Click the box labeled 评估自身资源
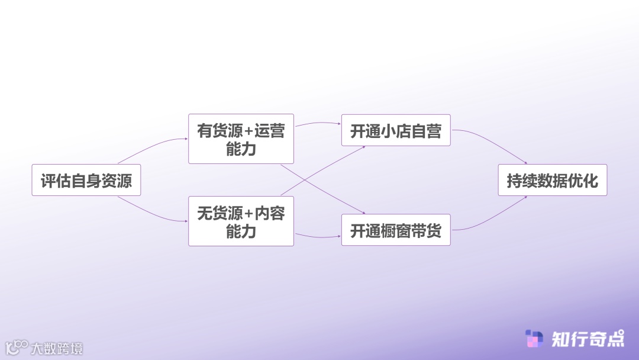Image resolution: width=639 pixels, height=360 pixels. (86, 180)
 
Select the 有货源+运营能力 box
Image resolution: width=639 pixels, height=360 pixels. (241, 139)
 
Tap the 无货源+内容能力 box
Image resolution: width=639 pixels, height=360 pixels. (241, 221)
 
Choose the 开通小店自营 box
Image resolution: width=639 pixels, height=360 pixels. (396, 130)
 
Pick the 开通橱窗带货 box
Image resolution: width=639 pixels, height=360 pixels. (396, 230)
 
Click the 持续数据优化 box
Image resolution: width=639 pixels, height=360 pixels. (552, 180)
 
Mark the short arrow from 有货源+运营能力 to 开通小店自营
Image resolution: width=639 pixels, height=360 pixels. (318, 123)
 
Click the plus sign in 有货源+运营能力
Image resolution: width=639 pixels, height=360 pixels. (248, 131)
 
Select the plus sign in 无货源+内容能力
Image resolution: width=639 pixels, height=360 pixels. (248, 213)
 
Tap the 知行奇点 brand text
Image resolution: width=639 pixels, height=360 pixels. (588, 339)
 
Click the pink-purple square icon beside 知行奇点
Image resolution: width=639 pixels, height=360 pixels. (534, 339)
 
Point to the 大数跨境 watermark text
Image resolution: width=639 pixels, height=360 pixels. (57, 348)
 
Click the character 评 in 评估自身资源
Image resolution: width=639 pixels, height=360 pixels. (48, 181)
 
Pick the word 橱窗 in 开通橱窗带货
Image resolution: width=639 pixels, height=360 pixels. (396, 230)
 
